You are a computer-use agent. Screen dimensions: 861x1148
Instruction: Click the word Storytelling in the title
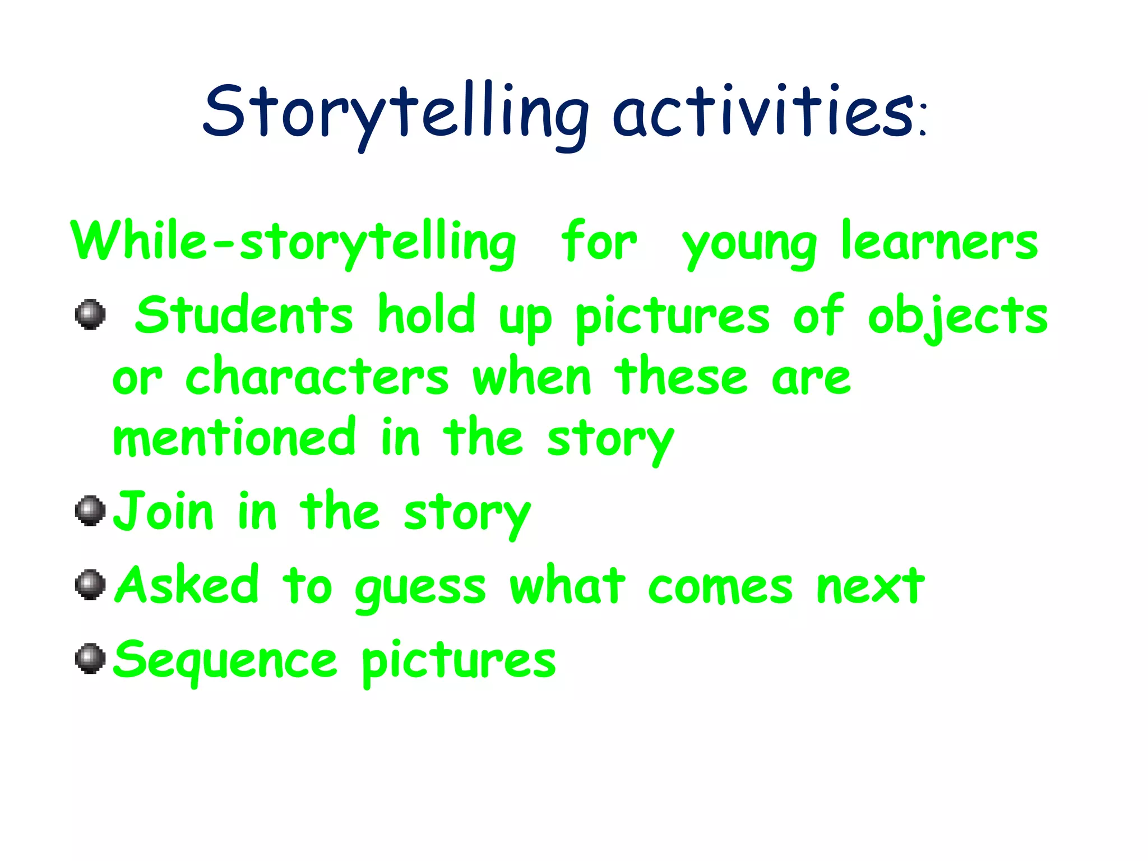click(395, 112)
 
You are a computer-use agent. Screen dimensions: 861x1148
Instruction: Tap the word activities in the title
click(762, 112)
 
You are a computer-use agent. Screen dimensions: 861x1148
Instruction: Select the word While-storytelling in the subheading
click(293, 242)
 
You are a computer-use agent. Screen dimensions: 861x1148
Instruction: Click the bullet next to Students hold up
click(90, 314)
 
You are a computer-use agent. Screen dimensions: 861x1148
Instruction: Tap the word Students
click(244, 315)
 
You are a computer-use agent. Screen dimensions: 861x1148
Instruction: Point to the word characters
click(317, 377)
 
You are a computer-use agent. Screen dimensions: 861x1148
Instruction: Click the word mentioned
click(234, 438)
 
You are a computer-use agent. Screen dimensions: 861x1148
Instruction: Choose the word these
click(681, 377)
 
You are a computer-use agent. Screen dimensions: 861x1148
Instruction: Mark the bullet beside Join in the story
click(90, 511)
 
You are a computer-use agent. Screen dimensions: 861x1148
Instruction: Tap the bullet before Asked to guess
click(90, 585)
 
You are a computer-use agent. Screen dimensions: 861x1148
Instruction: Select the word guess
click(420, 589)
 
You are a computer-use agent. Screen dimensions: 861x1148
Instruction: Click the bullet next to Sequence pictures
click(90, 659)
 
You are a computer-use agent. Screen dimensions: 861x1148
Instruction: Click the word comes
click(720, 587)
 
